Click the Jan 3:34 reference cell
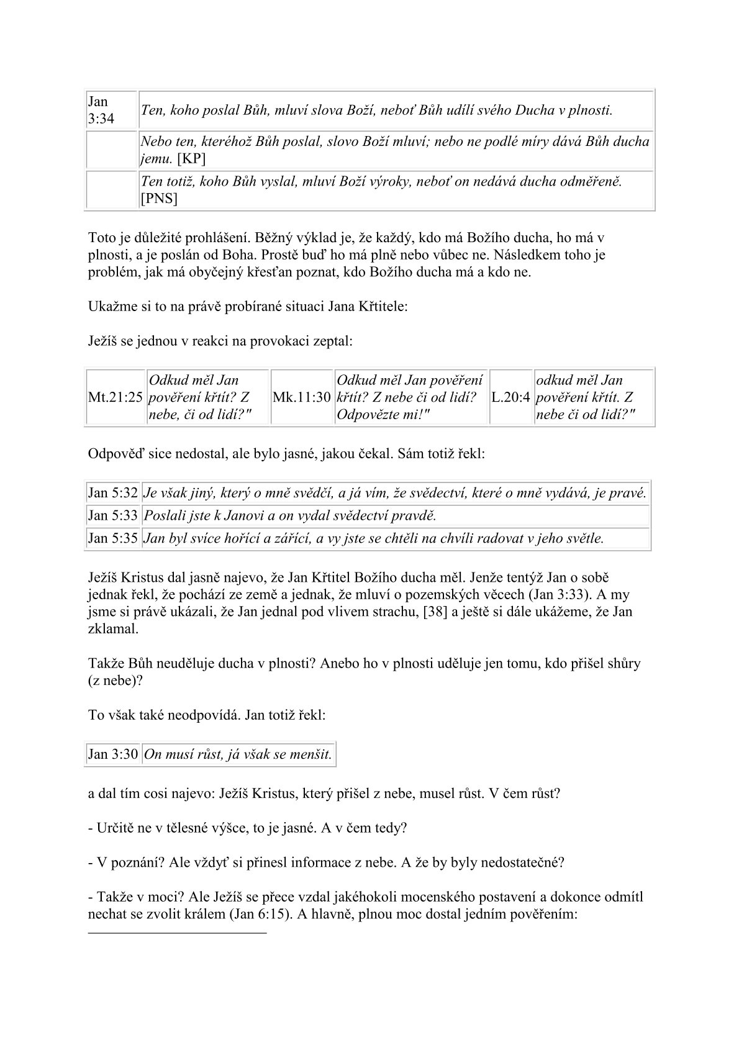point(102,110)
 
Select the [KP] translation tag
point(192,158)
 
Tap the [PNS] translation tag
point(160,198)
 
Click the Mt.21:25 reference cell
point(115,397)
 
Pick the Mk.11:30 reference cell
point(302,397)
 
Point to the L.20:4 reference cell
point(511,397)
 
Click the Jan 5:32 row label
point(112,494)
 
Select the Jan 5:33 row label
point(112,516)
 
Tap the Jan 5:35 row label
point(112,538)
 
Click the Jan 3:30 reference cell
point(112,754)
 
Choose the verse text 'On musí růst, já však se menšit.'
point(238,754)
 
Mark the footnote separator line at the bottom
point(178,933)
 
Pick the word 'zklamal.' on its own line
point(114,628)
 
